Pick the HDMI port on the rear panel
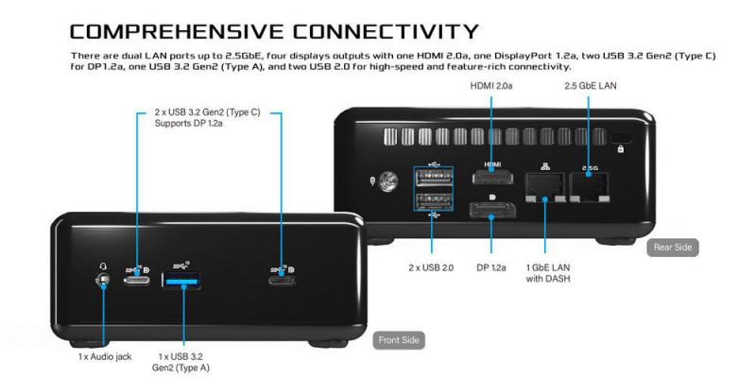[x=491, y=177]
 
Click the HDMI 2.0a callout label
[x=492, y=88]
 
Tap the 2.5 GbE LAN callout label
[x=591, y=88]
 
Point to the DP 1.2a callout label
[x=491, y=267]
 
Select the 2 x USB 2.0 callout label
[x=432, y=267]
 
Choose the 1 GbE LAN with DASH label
[x=545, y=273]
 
